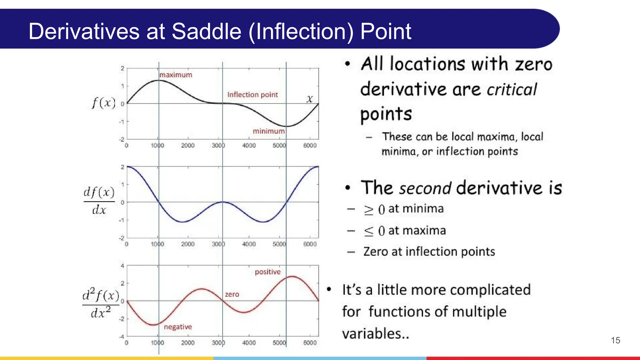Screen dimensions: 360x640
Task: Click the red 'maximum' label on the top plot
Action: coord(176,75)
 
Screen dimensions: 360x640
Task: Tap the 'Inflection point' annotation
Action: coord(252,95)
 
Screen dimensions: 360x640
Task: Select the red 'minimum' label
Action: coord(268,131)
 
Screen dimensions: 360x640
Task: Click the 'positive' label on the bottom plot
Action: coord(267,272)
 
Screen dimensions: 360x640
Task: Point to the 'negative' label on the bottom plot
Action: coord(178,327)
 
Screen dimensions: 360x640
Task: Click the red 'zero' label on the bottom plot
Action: coord(232,294)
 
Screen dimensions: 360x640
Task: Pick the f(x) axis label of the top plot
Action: coord(103,103)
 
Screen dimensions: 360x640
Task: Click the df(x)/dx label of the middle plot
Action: coord(99,200)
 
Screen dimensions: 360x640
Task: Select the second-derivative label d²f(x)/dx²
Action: coord(101,303)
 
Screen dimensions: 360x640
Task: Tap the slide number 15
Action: coord(615,340)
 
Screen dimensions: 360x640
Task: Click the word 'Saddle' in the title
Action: coord(206,31)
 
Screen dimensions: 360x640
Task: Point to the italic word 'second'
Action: coord(425,188)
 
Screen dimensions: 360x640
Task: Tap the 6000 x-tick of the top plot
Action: coord(310,146)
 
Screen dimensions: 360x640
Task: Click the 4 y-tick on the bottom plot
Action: coord(122,266)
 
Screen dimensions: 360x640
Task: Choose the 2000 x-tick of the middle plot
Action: coord(187,244)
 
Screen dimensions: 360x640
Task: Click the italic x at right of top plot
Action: coord(309,99)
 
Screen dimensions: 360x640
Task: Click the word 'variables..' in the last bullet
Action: coord(375,333)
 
